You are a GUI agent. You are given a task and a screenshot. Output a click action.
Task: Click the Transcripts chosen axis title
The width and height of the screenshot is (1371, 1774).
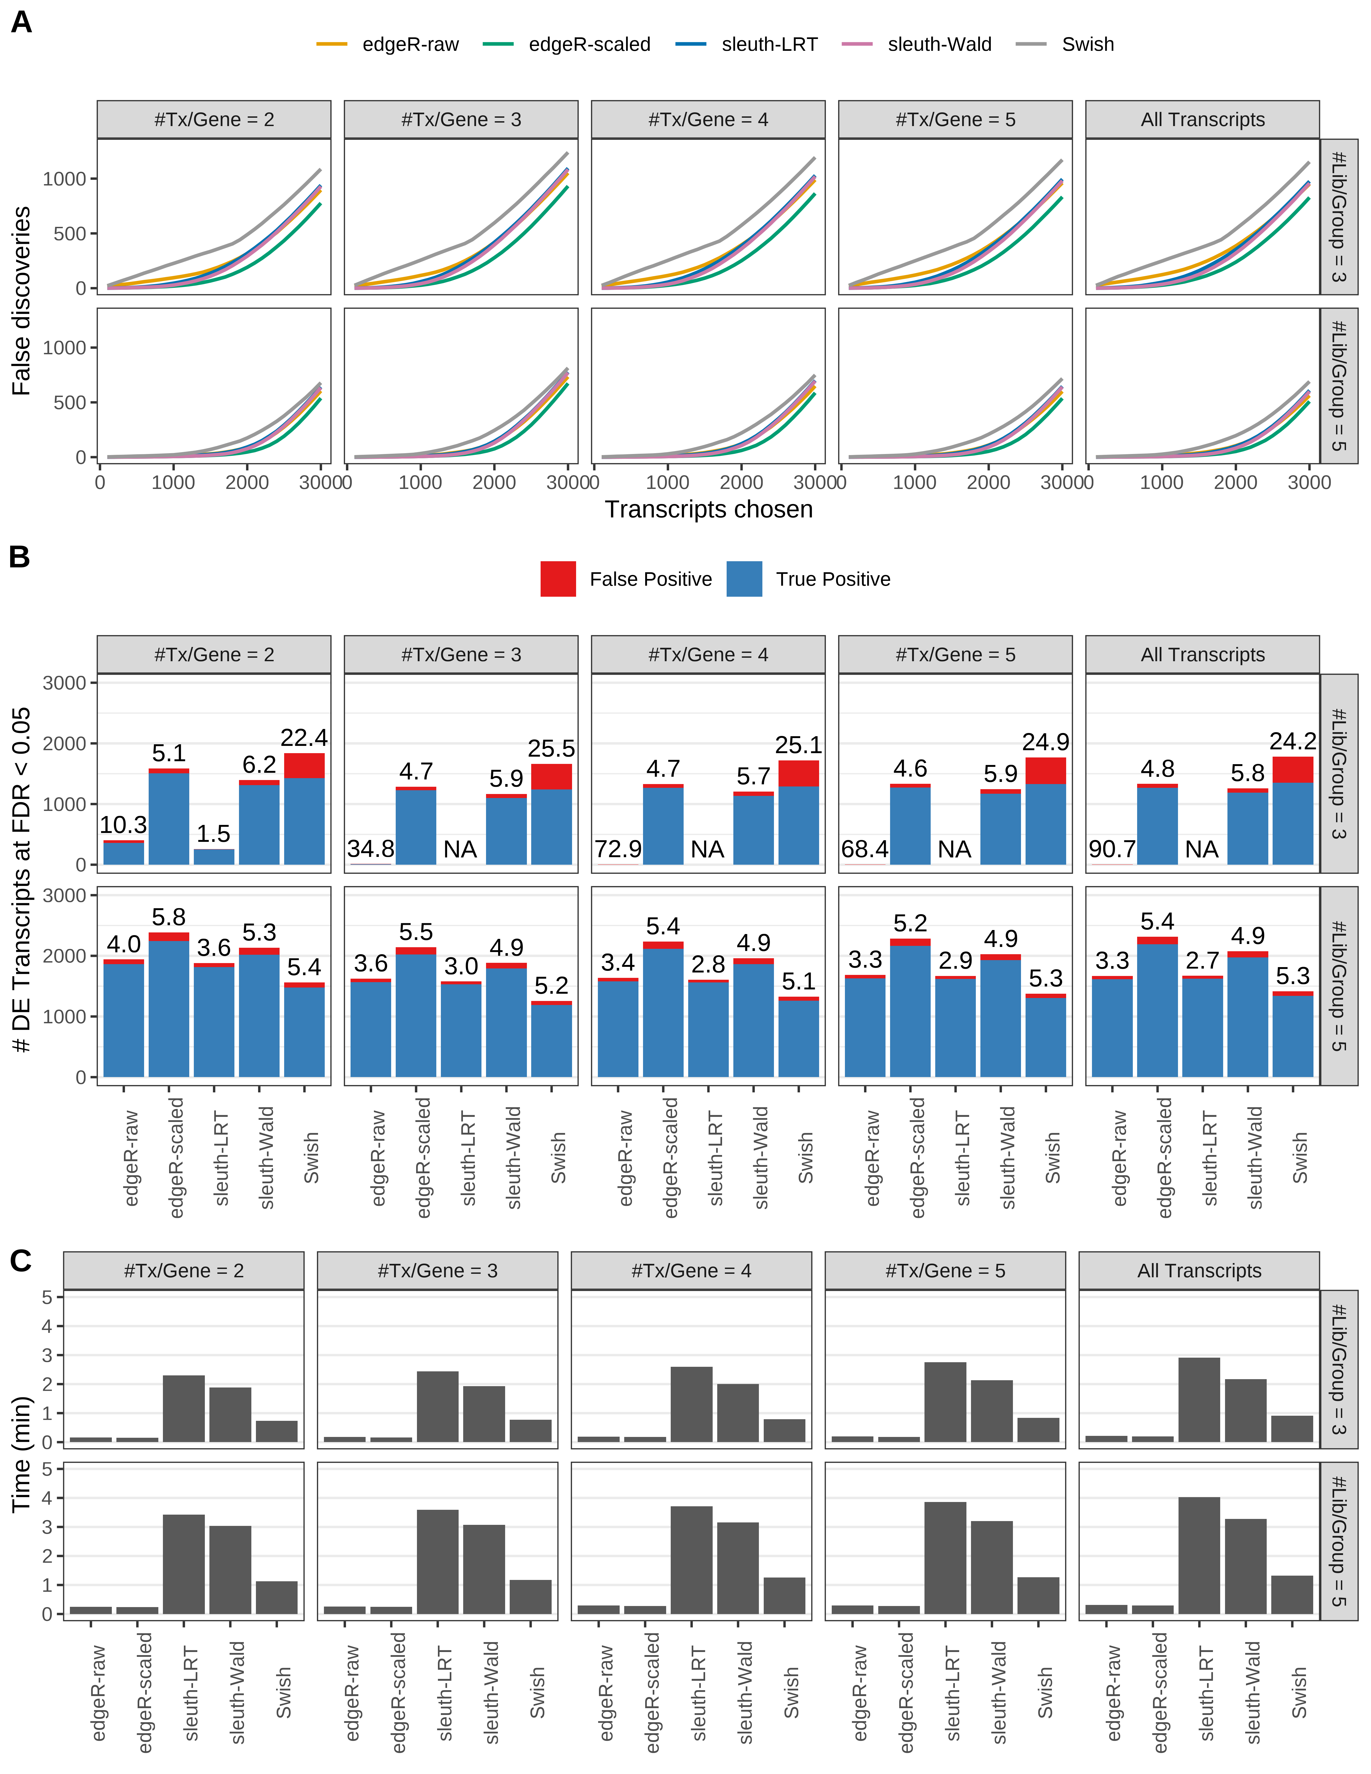coord(708,509)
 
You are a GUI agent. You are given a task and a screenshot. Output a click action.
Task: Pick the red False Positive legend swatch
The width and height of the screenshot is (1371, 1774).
coord(558,579)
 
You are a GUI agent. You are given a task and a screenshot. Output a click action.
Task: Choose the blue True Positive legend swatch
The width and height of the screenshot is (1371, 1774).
coord(744,579)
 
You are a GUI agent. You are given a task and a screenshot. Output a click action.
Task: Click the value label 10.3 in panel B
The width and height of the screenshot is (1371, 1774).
coord(123,825)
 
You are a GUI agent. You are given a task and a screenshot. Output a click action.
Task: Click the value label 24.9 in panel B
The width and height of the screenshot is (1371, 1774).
coord(1045,742)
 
